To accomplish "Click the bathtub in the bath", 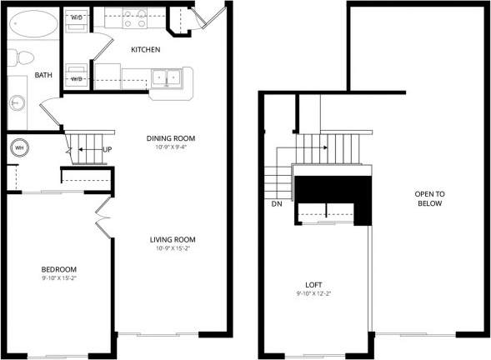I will (x=34, y=23).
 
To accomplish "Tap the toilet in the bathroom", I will (x=23, y=57).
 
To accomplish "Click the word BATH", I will (x=43, y=75).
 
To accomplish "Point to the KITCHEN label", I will (x=146, y=50).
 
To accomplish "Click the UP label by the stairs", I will (x=107, y=150).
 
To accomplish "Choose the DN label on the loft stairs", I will (x=277, y=202).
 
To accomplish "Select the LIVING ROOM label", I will (x=175, y=240).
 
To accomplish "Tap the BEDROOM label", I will (x=59, y=268).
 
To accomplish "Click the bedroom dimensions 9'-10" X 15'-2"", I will (x=59, y=277).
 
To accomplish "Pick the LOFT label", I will (x=314, y=284).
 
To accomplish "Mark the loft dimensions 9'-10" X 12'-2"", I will (x=314, y=294).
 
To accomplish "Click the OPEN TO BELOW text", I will (x=430, y=198).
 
